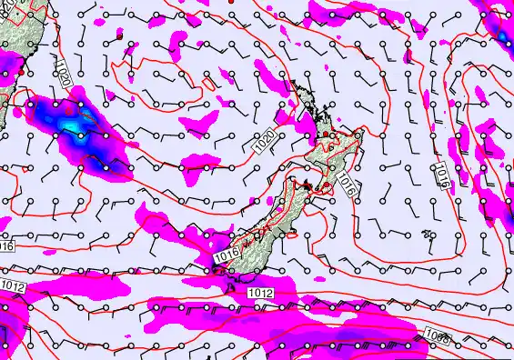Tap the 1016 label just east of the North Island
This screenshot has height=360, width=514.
(346, 185)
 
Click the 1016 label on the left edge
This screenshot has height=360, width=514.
(6, 246)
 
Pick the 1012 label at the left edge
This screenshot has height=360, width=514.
(13, 286)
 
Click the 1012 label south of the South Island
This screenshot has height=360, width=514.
(260, 293)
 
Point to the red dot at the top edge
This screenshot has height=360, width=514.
(232, 3)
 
